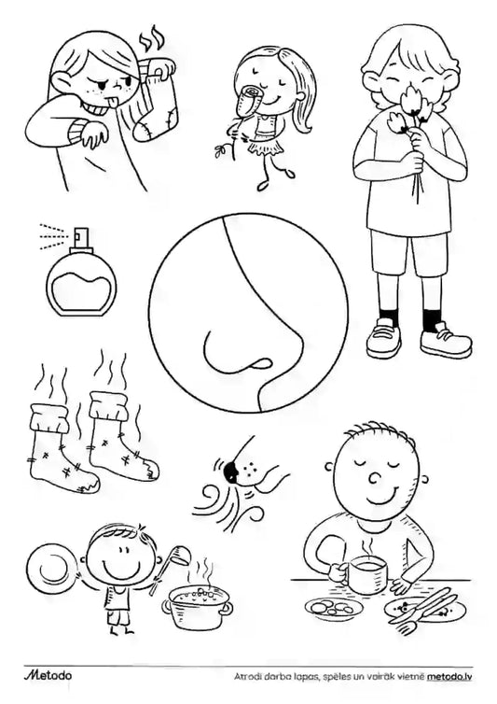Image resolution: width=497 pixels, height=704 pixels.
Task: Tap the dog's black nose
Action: click(x=230, y=470)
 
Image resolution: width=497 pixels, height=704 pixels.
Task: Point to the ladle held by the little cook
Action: click(x=171, y=567)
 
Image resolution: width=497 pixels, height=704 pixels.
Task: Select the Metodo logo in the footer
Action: click(x=48, y=675)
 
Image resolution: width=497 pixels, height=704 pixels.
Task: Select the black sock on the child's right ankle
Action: click(x=389, y=317)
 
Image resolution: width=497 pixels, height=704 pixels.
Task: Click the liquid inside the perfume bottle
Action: click(x=82, y=293)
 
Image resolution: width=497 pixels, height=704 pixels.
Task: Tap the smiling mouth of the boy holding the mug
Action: click(x=377, y=496)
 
